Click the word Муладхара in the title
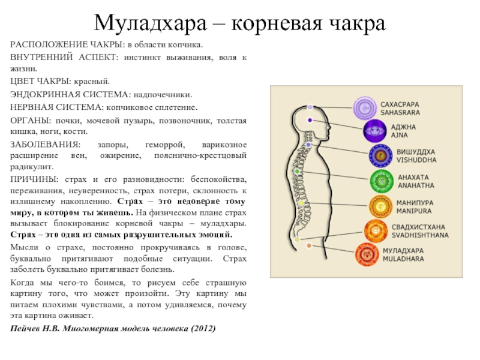151,23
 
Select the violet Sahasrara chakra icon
365,108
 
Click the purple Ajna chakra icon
374,131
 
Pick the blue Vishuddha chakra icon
380,156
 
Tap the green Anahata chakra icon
382,181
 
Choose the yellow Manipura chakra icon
380,206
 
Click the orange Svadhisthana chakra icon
376,231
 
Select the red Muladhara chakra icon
367,254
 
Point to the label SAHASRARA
400,113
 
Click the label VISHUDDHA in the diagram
416,160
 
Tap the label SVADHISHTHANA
420,235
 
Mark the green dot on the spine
297,172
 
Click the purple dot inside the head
310,121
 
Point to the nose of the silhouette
329,127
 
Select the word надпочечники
163,95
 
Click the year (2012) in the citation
203,329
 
